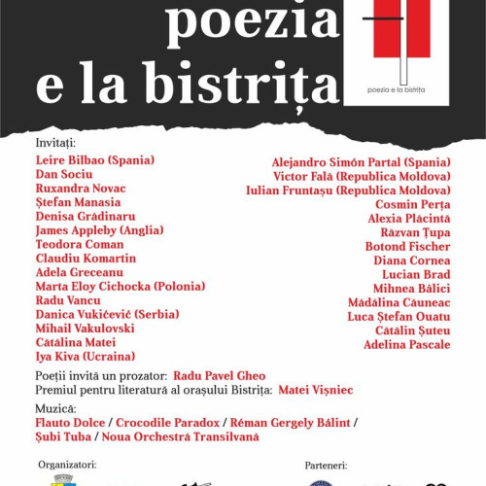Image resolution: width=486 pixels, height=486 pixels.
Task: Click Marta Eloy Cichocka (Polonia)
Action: [x=120, y=287]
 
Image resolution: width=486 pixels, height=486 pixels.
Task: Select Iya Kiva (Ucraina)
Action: [x=85, y=357]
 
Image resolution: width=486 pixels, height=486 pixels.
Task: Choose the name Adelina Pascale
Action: [x=407, y=345]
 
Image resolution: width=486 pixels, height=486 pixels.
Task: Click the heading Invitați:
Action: [x=53, y=143]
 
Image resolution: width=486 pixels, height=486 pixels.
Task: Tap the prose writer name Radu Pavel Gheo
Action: [x=221, y=375]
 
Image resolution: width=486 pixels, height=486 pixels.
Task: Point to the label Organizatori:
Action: [x=66, y=465]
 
